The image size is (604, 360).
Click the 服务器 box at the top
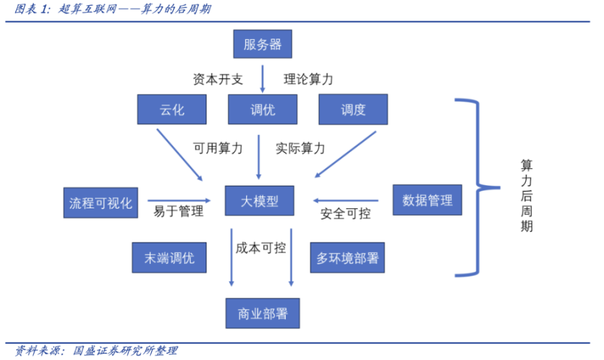coord(262,45)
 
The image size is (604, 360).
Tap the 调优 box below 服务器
coord(262,109)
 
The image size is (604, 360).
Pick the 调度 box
coord(353,109)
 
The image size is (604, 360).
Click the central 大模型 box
coord(260,201)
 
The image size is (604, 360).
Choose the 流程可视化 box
coord(101,202)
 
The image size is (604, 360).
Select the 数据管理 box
coord(428,200)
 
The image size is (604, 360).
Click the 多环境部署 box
coord(347,257)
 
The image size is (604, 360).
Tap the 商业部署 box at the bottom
coord(262,313)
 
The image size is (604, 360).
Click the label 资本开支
coord(217,80)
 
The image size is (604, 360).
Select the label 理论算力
coord(308,80)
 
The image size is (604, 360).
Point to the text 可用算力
coord(217,148)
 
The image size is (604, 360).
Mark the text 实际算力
coord(300,148)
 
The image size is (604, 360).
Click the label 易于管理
coord(178,212)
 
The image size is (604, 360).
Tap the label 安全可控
coord(345,214)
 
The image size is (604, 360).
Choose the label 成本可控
coord(261,247)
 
